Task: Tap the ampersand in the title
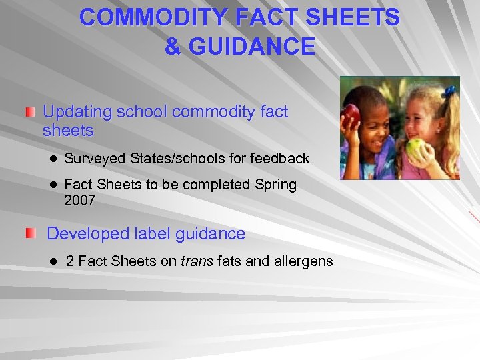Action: [172, 47]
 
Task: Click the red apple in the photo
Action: [351, 115]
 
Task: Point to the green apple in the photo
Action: [418, 147]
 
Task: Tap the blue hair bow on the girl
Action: [449, 91]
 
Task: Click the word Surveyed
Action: [95, 158]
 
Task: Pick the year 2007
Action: [80, 200]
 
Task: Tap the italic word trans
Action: [197, 261]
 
